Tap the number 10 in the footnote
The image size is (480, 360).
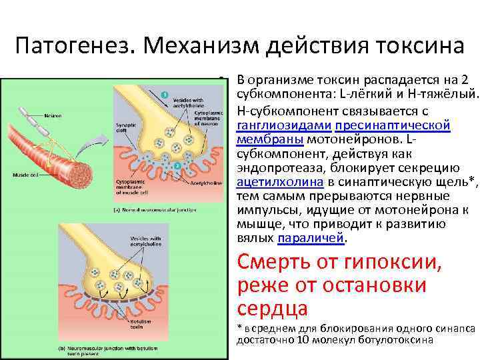pyautogui.click(x=305, y=339)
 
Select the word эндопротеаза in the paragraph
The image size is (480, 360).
pyautogui.click(x=275, y=167)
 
